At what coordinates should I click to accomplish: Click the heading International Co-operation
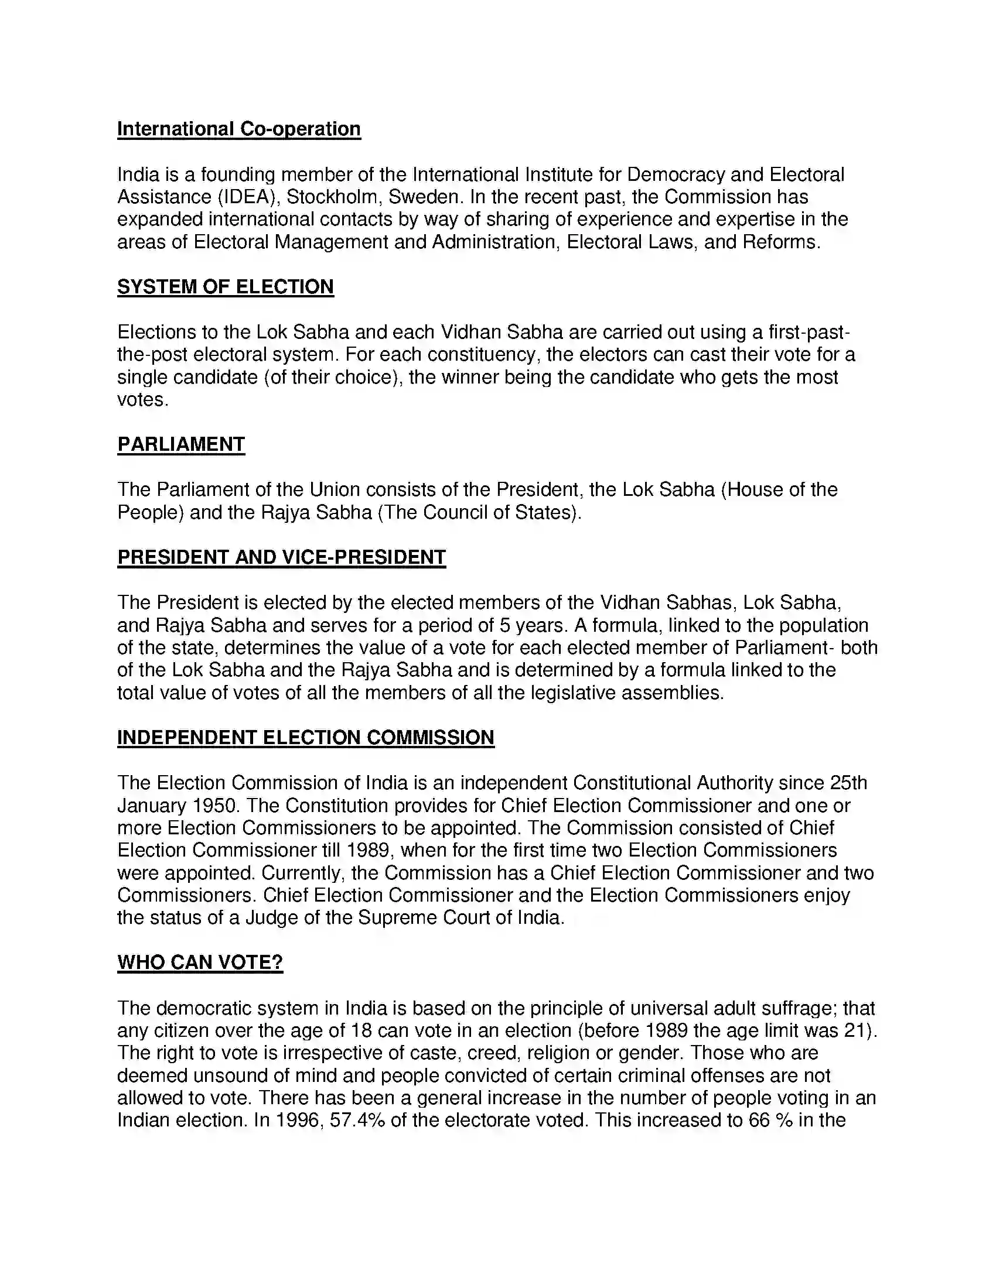[238, 129]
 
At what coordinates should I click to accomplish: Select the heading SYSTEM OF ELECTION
[226, 287]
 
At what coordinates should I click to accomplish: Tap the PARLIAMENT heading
[180, 444]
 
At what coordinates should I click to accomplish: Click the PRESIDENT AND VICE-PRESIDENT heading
[281, 557]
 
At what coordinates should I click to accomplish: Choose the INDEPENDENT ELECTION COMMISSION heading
[306, 738]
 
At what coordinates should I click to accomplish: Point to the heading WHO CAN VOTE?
[200, 962]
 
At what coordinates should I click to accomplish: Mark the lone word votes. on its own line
[143, 400]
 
